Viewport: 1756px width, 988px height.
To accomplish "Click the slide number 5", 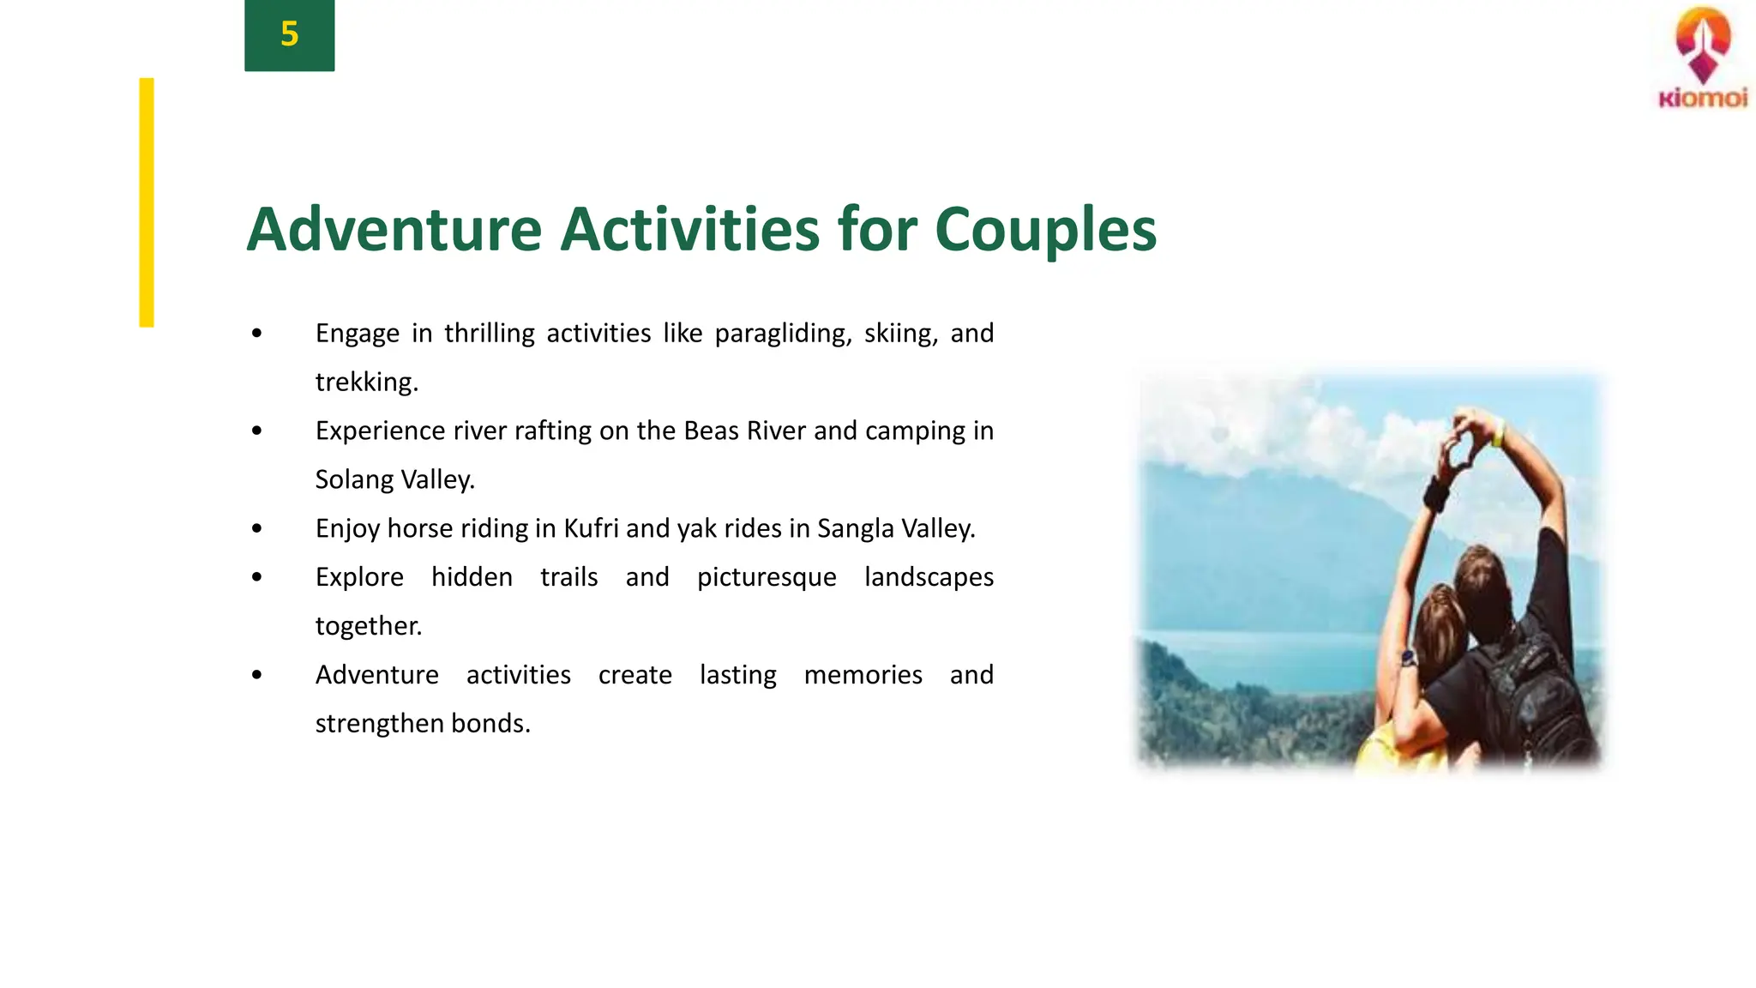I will coord(289,34).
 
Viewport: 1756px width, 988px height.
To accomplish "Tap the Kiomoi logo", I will coord(1703,58).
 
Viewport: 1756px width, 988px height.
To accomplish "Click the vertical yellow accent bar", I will coord(147,202).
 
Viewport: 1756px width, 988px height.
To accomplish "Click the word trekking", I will coord(366,383).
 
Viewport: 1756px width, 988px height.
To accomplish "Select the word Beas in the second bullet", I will coord(711,431).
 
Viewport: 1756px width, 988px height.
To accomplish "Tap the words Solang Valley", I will coord(394,479).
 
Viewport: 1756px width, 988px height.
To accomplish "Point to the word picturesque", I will coord(767,577).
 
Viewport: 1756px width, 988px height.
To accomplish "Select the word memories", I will coord(863,675).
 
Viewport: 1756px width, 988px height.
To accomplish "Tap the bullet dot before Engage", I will coord(257,334).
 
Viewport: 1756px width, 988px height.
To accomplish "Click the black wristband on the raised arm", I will coord(1435,494).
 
